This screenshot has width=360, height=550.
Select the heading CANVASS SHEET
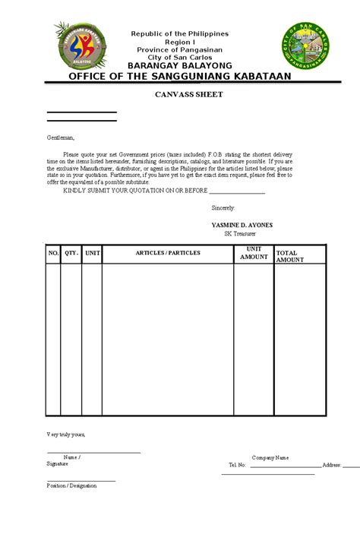pos(179,95)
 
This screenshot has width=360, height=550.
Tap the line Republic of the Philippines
pos(180,34)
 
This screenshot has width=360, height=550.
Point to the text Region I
pos(180,43)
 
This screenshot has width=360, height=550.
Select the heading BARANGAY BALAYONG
pos(180,66)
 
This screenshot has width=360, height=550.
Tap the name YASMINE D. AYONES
pos(242,226)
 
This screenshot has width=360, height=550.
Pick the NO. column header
pos(53,252)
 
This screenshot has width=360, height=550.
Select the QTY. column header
pos(71,252)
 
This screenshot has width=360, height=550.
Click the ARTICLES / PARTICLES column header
pos(168,252)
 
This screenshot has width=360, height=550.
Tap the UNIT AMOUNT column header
pos(254,254)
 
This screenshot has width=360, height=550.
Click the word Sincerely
pos(223,207)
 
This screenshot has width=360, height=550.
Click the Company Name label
pos(270,457)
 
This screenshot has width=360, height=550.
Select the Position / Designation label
pos(71,485)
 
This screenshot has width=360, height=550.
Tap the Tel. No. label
pos(238,465)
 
